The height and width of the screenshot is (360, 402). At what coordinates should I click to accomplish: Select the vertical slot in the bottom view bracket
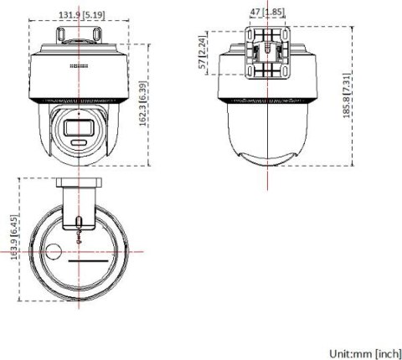click(78, 223)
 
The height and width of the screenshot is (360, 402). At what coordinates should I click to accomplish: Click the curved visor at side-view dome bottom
click(265, 159)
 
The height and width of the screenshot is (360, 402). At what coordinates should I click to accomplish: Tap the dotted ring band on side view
click(265, 99)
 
